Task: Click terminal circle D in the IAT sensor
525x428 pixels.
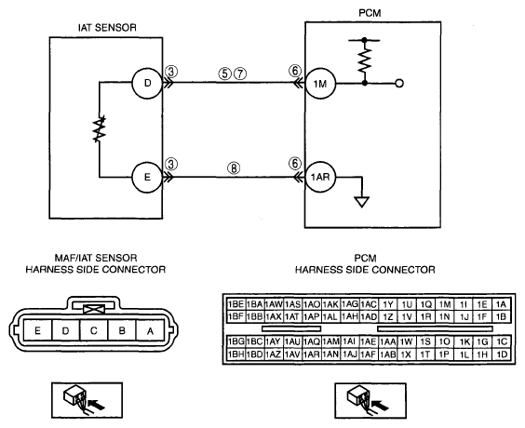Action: (147, 84)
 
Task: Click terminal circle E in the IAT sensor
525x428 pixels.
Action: (147, 177)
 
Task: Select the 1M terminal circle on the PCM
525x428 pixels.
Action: (320, 84)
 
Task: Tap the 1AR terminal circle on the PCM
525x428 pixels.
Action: (320, 177)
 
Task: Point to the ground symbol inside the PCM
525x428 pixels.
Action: (361, 202)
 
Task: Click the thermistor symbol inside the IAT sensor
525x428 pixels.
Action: (100, 128)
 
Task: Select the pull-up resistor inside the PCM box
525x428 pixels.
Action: (365, 60)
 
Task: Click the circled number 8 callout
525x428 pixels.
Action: (234, 168)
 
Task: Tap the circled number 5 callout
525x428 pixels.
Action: (224, 74)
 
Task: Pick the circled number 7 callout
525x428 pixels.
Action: (240, 74)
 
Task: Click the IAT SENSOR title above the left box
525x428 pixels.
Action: (107, 27)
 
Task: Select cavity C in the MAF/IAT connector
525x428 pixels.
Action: (94, 330)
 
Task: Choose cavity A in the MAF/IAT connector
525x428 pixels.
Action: (151, 330)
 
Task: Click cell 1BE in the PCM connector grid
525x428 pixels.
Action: (236, 304)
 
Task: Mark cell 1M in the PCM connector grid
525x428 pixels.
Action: (445, 304)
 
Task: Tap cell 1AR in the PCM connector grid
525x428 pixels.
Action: (312, 354)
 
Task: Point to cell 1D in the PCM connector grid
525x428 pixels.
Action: (502, 354)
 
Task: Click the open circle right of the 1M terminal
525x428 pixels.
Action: (399, 84)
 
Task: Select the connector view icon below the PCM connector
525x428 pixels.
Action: (370, 401)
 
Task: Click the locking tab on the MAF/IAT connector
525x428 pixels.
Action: (94, 309)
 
